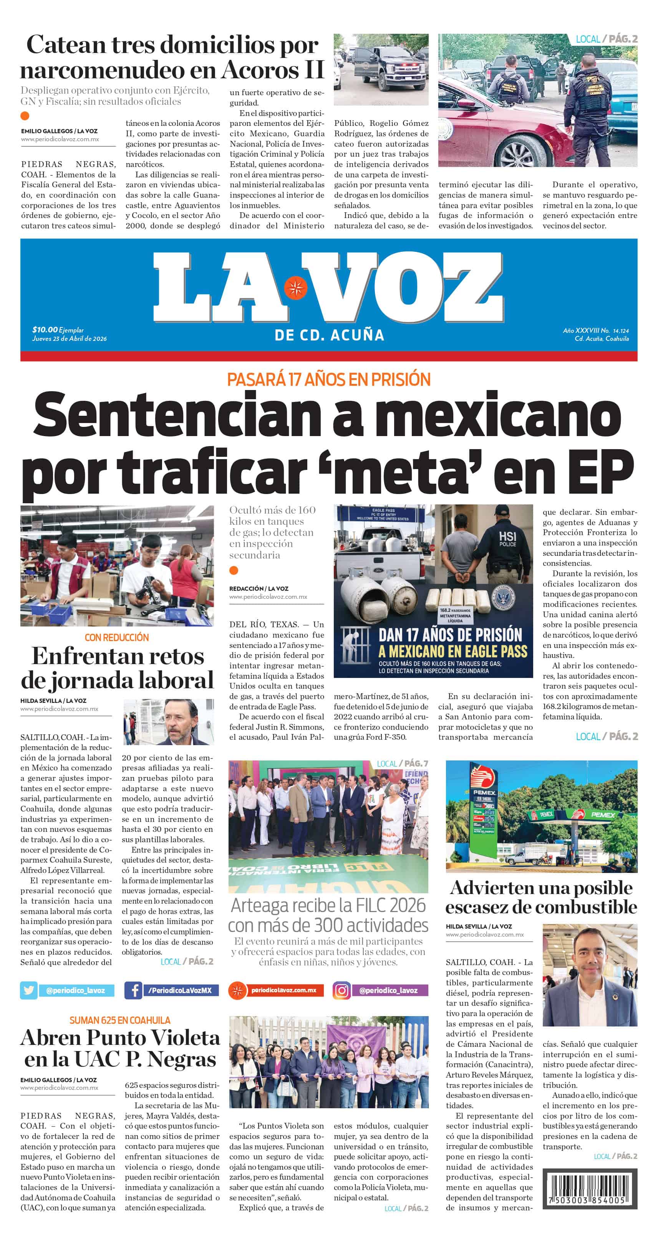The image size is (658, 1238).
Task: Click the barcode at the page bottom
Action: coord(590,1190)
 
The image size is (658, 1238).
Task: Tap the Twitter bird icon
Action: coord(29,990)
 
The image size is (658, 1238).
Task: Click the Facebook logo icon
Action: coord(133,990)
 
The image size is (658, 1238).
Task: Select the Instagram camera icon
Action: coord(341,990)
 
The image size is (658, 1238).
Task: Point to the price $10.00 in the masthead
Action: coord(45,330)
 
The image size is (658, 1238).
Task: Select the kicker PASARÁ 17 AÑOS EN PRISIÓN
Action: coord(328,380)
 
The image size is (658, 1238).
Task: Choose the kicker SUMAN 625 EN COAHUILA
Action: coord(119,1020)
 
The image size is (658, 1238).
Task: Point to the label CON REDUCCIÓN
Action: coord(116,637)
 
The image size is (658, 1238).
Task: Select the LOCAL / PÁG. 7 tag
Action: coord(402,763)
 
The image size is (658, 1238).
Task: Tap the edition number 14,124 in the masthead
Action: coord(620,331)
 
